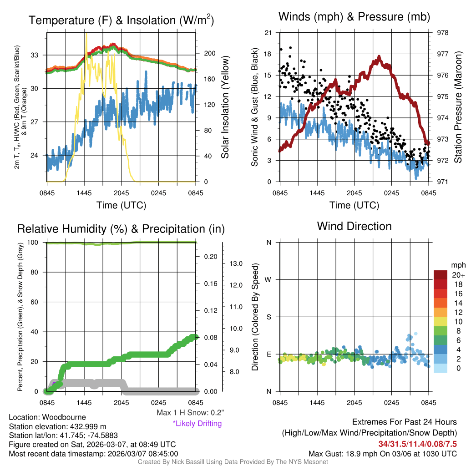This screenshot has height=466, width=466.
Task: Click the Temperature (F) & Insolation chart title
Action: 121,20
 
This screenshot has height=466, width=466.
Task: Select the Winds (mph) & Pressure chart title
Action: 354,17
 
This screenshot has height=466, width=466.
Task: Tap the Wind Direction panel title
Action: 354,226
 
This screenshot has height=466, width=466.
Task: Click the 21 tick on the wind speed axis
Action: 268,33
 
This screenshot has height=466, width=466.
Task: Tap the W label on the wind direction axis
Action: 268,279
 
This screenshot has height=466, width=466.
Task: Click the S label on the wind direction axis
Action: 268,317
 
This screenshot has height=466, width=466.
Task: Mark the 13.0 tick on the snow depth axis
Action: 235,263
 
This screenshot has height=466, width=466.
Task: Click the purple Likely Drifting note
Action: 197,424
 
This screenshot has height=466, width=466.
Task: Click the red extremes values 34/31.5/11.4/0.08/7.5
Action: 417,444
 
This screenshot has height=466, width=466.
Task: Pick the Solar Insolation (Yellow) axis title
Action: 225,107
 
